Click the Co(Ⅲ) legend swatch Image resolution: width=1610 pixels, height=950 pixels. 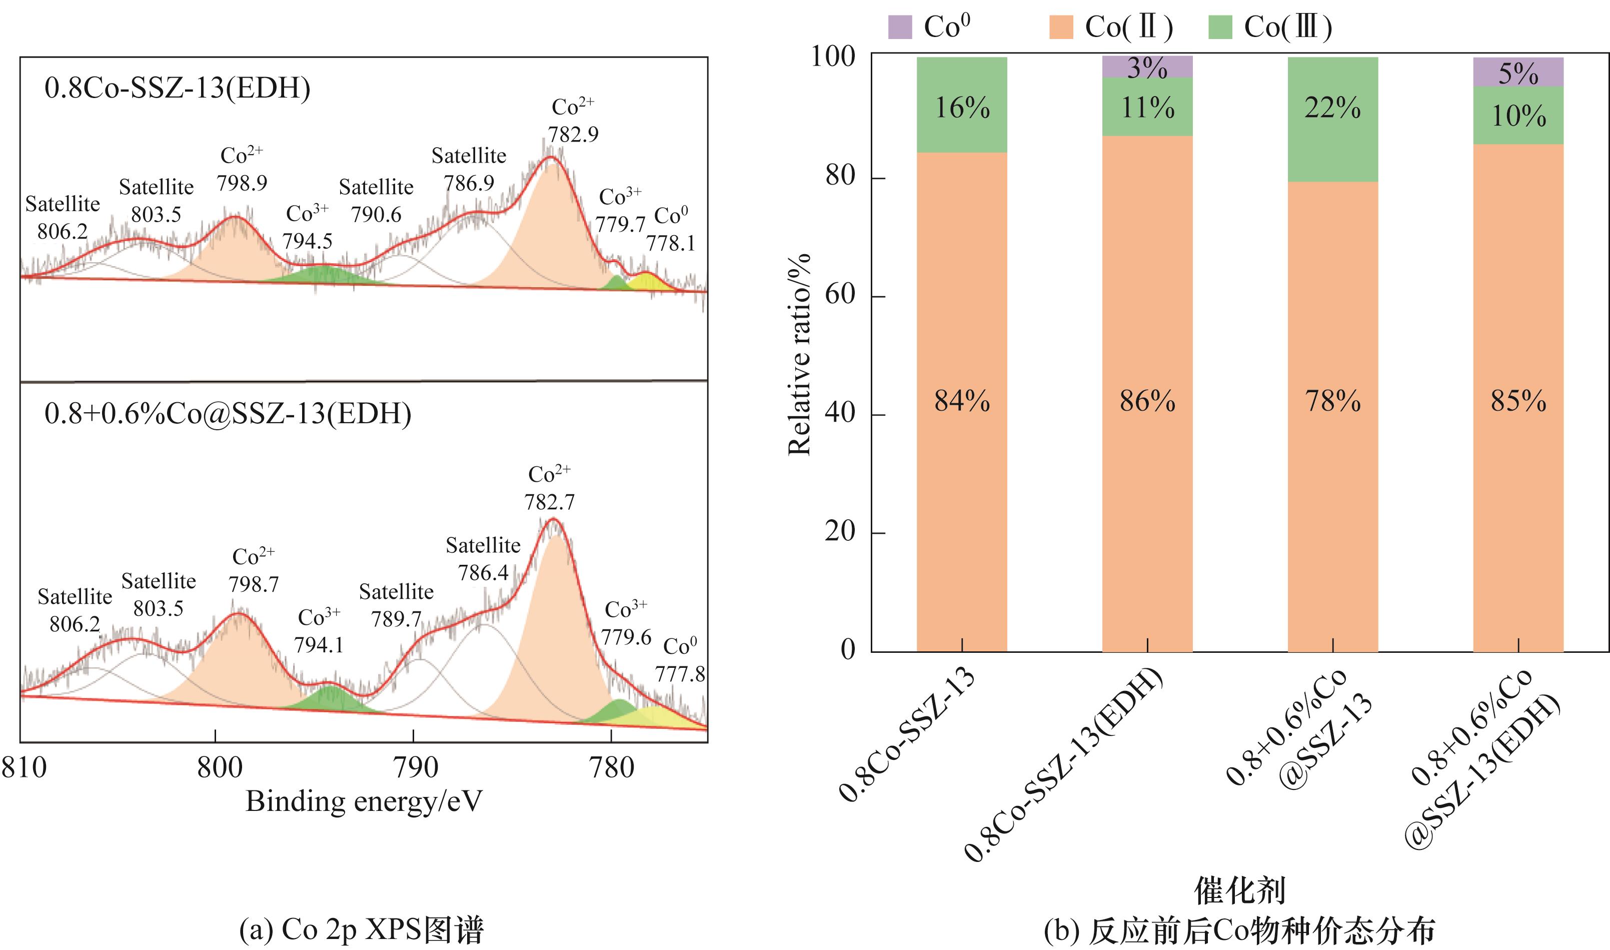pyautogui.click(x=1220, y=28)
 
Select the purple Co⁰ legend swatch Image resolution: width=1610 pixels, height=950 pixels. pyautogui.click(x=900, y=28)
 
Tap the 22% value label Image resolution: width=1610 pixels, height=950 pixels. pyautogui.click(x=1332, y=108)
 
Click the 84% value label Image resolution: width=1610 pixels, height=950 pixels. pyautogui.click(x=962, y=401)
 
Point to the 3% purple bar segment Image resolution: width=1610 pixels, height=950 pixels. pyautogui.click(x=1147, y=67)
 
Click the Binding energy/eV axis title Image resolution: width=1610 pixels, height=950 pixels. pyautogui.click(x=364, y=801)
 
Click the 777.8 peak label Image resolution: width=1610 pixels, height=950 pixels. pyautogui.click(x=680, y=673)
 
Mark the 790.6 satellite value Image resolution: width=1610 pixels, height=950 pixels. pyautogui.click(x=376, y=215)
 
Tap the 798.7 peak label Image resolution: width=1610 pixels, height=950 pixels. pyautogui.click(x=254, y=584)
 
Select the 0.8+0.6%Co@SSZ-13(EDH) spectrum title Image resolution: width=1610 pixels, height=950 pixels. pyautogui.click(x=228, y=414)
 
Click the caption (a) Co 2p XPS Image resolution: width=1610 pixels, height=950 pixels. pyautogui.click(x=361, y=930)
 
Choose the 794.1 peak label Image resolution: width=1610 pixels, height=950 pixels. pyautogui.click(x=319, y=644)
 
